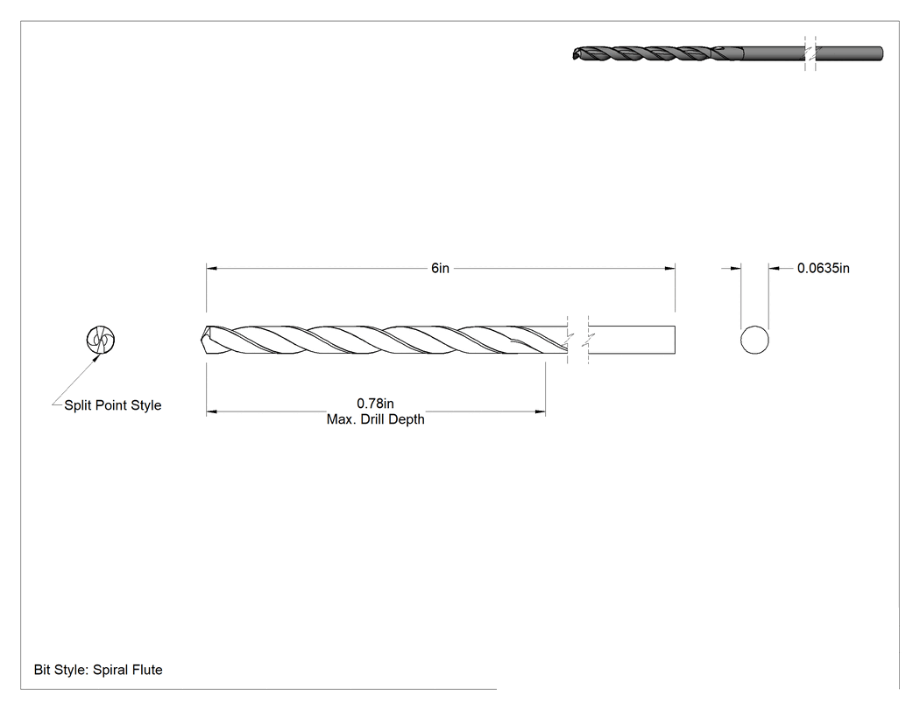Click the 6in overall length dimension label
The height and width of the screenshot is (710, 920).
pyautogui.click(x=440, y=268)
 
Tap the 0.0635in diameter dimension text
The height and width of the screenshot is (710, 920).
pyautogui.click(x=824, y=268)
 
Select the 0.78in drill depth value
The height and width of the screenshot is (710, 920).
pyautogui.click(x=376, y=404)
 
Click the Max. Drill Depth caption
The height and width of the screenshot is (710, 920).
pyautogui.click(x=376, y=419)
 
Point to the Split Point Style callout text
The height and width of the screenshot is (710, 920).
pyautogui.click(x=113, y=405)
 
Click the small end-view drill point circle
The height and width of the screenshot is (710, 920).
pyautogui.click(x=101, y=340)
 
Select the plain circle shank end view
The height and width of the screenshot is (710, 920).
pyautogui.click(x=754, y=340)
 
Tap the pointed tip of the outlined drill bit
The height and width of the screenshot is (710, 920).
pyautogui.click(x=202, y=340)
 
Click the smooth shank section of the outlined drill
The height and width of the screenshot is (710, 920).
pyautogui.click(x=632, y=340)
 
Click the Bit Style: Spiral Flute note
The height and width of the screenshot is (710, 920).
pyautogui.click(x=98, y=670)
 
